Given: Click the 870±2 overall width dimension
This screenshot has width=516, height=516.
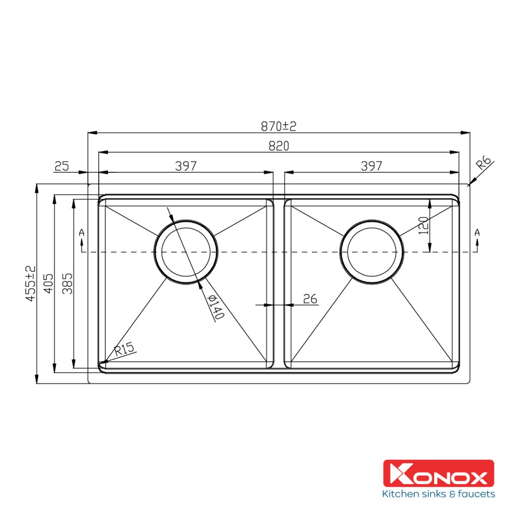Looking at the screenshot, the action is (278, 126).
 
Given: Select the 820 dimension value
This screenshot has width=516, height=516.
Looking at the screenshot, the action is (279, 146).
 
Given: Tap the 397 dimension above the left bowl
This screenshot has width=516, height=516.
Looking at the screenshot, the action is (185, 166).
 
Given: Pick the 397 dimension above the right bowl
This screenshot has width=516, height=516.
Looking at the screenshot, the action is (371, 166).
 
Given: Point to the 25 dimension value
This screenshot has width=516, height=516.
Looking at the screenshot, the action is (62, 166).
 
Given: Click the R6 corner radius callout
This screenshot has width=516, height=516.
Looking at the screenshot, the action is (484, 163).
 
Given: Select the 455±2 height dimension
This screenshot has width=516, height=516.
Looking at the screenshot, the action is (31, 283).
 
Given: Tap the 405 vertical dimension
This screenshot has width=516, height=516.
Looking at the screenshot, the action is (48, 283).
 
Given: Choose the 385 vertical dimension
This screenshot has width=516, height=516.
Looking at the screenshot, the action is (68, 283).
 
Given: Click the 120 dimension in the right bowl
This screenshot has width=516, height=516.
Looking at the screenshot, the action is (423, 225).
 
